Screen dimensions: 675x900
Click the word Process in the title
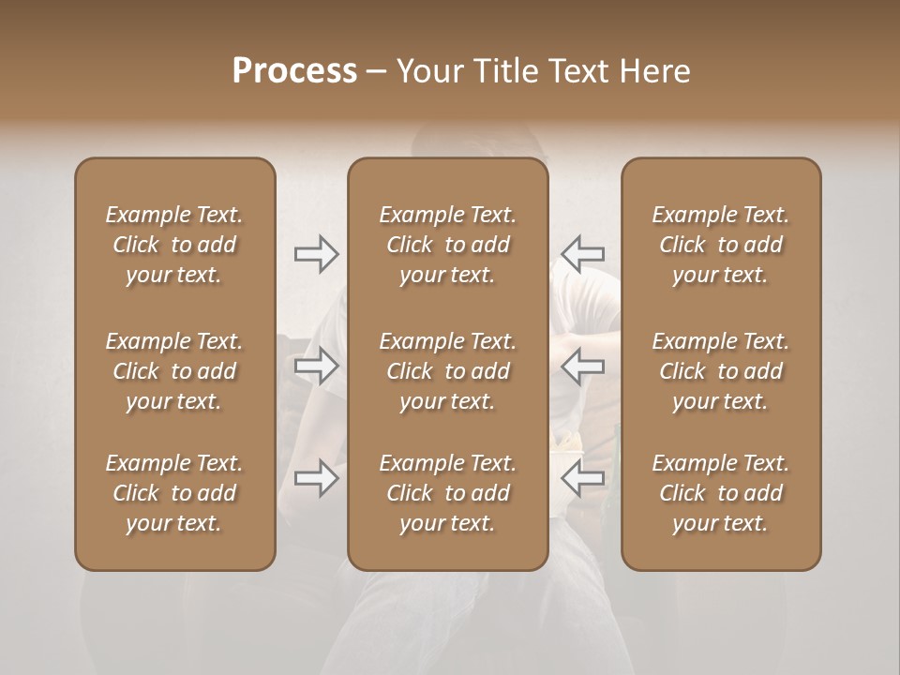click(294, 70)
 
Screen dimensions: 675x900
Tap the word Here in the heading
click(653, 70)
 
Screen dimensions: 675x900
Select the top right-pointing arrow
click(316, 254)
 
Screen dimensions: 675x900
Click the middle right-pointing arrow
click(316, 366)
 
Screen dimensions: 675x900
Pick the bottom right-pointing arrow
click(316, 479)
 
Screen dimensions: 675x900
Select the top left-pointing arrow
click(583, 254)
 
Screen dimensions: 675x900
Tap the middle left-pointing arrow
click(583, 366)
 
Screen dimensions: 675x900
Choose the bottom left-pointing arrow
click(583, 479)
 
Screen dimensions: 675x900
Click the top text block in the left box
click(174, 245)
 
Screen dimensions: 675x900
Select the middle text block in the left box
click(174, 371)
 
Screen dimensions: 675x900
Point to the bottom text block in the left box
click(174, 493)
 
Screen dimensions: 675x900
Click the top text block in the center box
click(447, 245)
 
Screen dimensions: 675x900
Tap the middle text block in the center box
click(447, 371)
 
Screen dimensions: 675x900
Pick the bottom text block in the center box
click(447, 493)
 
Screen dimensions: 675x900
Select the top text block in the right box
click(721, 245)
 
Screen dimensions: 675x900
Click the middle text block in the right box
click(721, 371)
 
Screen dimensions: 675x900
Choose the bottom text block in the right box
click(721, 493)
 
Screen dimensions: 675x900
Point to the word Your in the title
click(429, 70)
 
